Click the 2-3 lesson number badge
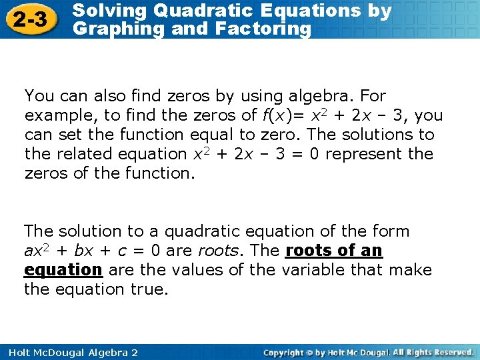[x=30, y=19]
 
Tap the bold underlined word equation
[x=63, y=270]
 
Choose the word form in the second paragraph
[x=393, y=231]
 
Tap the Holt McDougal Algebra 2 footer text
[x=70, y=352]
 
